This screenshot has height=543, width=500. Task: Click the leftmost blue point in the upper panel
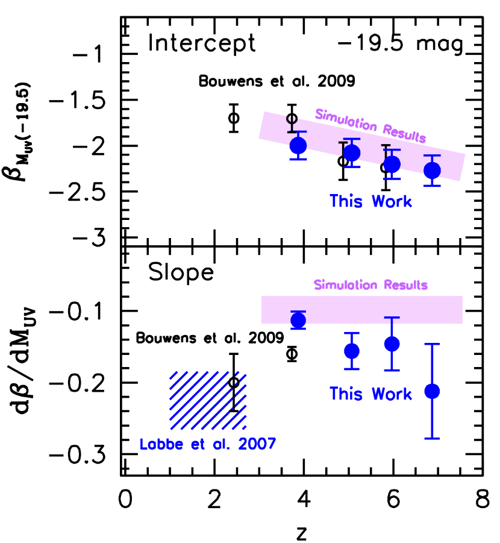click(298, 146)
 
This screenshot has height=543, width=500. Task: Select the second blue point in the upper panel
click(352, 153)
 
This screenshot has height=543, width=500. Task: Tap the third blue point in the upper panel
click(392, 164)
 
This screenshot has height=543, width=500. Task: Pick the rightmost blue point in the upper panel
click(432, 171)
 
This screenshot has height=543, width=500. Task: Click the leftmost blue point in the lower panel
click(298, 320)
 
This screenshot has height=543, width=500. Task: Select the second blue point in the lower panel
click(352, 351)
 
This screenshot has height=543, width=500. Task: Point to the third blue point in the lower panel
click(392, 344)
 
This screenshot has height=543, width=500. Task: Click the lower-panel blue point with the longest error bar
click(432, 391)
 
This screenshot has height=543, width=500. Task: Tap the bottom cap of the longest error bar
click(432, 438)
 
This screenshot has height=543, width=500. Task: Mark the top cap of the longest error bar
click(432, 344)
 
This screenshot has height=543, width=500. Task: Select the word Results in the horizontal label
click(405, 285)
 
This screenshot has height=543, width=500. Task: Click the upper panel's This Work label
click(370, 201)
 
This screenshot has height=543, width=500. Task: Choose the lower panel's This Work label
click(370, 394)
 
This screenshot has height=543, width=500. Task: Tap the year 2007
click(257, 444)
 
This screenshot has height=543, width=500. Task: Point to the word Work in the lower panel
click(392, 394)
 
